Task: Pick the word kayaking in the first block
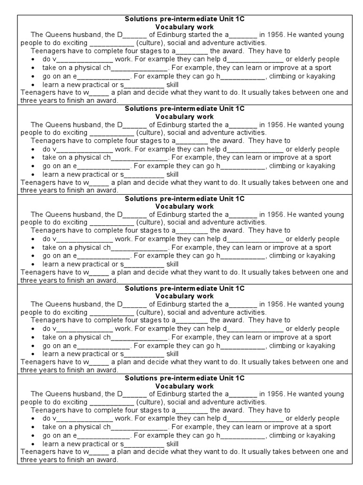tap(321, 76)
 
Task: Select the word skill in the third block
tap(173, 264)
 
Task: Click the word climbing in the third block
tap(283, 256)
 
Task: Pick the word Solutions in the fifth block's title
tap(140, 378)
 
